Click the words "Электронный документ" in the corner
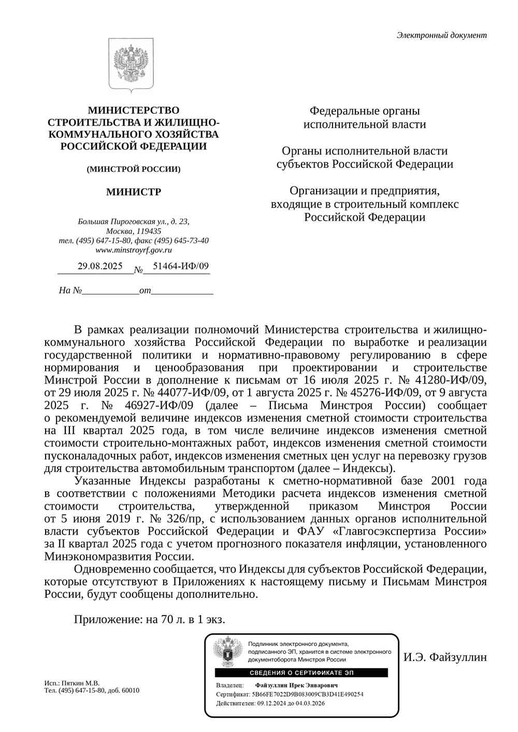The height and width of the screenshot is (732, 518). coord(441,35)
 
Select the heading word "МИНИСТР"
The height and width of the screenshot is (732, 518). coord(134,192)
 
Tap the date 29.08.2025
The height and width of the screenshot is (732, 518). coord(100,266)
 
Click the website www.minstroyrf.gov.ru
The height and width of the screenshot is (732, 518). coord(134,250)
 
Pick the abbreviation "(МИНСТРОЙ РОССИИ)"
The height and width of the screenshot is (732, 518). coord(134,169)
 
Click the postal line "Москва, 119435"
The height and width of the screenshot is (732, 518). coord(134,231)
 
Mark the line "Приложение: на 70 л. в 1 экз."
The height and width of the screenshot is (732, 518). coord(150,619)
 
